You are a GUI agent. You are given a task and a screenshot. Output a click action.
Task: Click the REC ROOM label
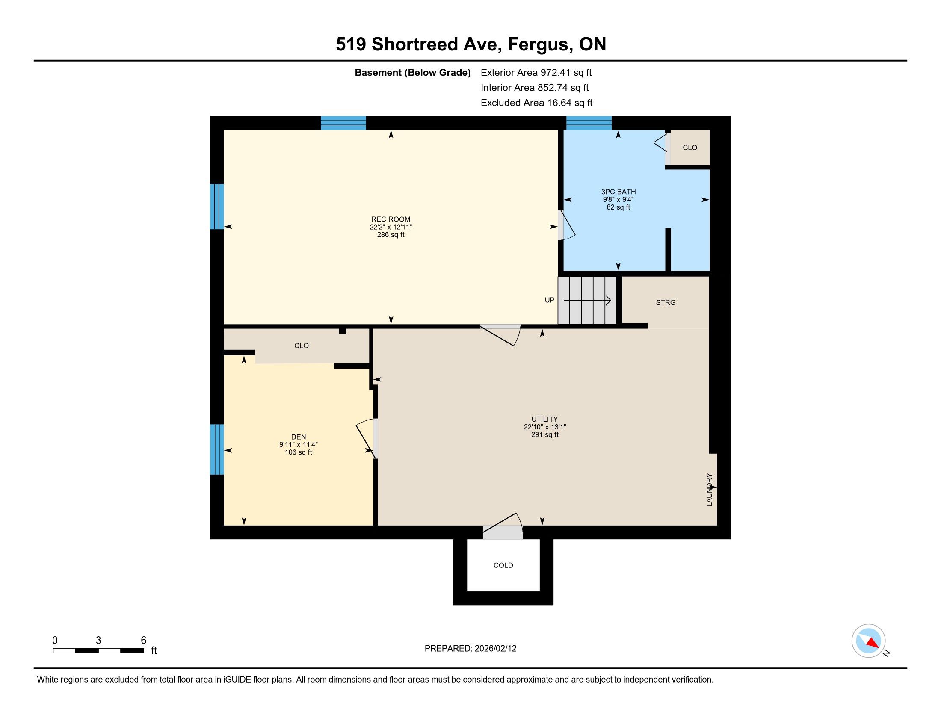391,219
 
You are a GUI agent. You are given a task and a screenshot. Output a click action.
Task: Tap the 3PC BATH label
618,192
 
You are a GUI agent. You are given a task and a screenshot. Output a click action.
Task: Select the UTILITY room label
544,419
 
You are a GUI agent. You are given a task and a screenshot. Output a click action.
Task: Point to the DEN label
298,437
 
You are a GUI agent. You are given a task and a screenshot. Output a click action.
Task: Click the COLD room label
503,565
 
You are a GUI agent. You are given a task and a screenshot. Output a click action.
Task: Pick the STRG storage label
666,303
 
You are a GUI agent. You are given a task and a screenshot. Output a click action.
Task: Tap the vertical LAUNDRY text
710,490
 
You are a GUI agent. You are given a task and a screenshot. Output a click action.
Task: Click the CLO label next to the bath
690,148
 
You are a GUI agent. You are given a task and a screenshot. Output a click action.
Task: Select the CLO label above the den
302,346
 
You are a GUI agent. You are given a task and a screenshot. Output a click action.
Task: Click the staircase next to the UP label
587,300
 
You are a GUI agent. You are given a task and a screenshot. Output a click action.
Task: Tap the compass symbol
869,641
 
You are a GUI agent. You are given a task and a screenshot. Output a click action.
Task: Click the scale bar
98,650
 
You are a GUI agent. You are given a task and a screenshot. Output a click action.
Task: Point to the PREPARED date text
470,649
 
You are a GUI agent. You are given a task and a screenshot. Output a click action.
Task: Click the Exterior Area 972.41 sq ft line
536,73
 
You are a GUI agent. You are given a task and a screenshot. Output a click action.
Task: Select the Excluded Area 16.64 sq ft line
536,103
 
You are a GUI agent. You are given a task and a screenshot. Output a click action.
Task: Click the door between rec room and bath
566,225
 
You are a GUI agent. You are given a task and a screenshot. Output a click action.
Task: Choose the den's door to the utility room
367,438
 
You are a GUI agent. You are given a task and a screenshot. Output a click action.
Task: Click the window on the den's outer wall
217,449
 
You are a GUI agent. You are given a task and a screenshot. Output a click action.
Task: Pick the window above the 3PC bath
589,123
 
